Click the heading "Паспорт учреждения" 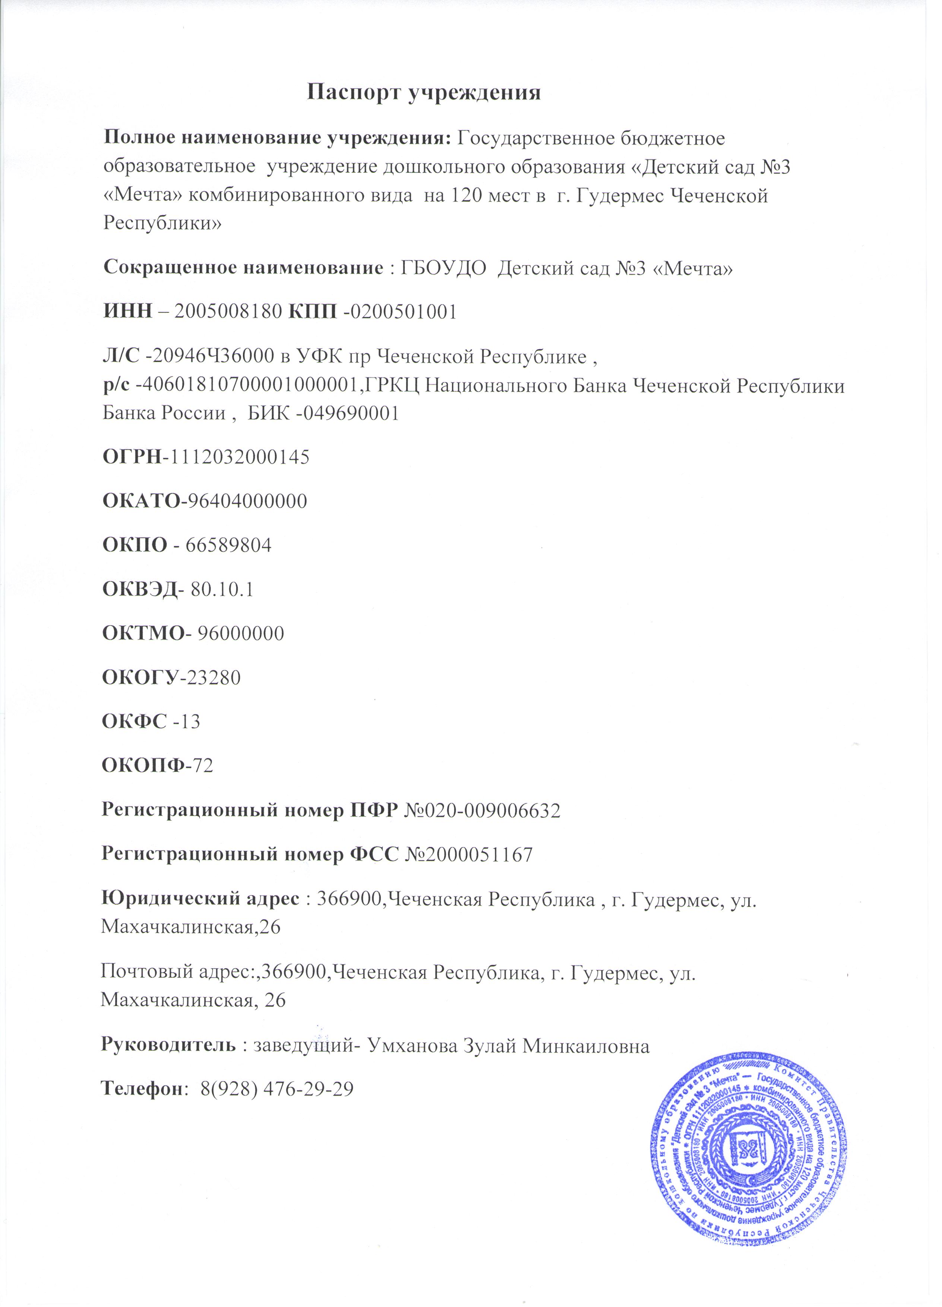coord(423,92)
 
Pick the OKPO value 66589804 coord(228,544)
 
